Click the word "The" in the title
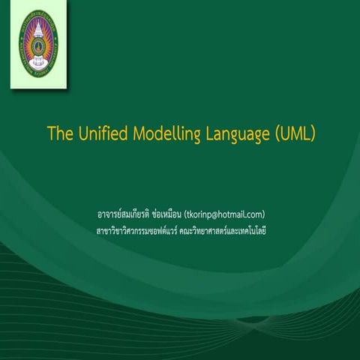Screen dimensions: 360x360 click(x=59, y=134)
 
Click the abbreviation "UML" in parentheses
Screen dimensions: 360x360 click(x=295, y=134)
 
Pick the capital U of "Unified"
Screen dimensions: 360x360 click(x=80, y=134)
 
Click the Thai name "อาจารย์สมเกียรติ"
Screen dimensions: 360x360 click(x=118, y=214)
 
